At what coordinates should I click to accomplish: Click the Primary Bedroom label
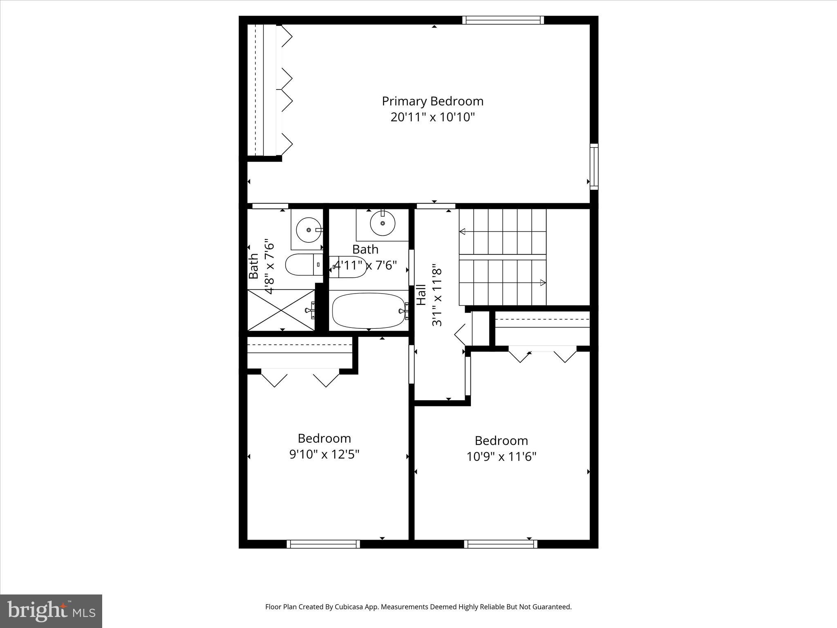pos(432,101)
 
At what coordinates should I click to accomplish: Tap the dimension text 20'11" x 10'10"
pos(432,117)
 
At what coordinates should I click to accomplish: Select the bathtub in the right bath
pos(369,311)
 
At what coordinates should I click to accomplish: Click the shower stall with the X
pos(281,310)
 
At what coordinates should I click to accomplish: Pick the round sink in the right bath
pos(383,223)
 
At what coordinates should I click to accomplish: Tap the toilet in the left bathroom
pos(302,265)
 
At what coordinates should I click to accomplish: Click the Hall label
pos(421,294)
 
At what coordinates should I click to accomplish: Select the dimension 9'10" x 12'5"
pos(324,454)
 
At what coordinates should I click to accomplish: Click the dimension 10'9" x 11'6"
pos(501,456)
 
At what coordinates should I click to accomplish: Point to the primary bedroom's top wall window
pos(503,20)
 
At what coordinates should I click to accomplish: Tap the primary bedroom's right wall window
pos(594,166)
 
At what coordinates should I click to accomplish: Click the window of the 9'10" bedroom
pos(323,544)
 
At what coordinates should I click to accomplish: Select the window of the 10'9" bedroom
pos(501,544)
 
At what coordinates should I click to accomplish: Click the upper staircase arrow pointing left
pos(463,232)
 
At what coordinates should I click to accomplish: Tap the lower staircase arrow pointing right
pos(543,283)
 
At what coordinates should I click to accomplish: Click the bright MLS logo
pos(51,611)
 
